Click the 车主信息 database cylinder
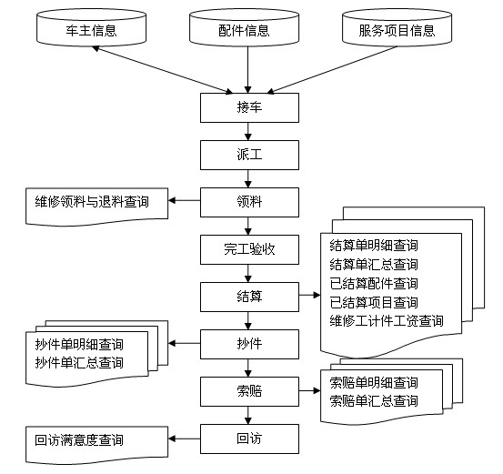92,27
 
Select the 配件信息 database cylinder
244,27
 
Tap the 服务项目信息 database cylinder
397,27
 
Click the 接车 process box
249,108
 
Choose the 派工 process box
249,155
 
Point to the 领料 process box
249,202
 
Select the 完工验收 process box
249,249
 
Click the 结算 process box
249,297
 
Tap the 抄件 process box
249,344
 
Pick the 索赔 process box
249,391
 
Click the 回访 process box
249,439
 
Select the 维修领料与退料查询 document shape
96,206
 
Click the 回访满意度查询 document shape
96,445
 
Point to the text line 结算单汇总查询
374,265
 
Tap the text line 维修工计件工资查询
387,321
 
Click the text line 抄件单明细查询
79,344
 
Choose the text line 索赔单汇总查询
374,401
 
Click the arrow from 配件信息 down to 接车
247,70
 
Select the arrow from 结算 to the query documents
309,295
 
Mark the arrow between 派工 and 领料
247,178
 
